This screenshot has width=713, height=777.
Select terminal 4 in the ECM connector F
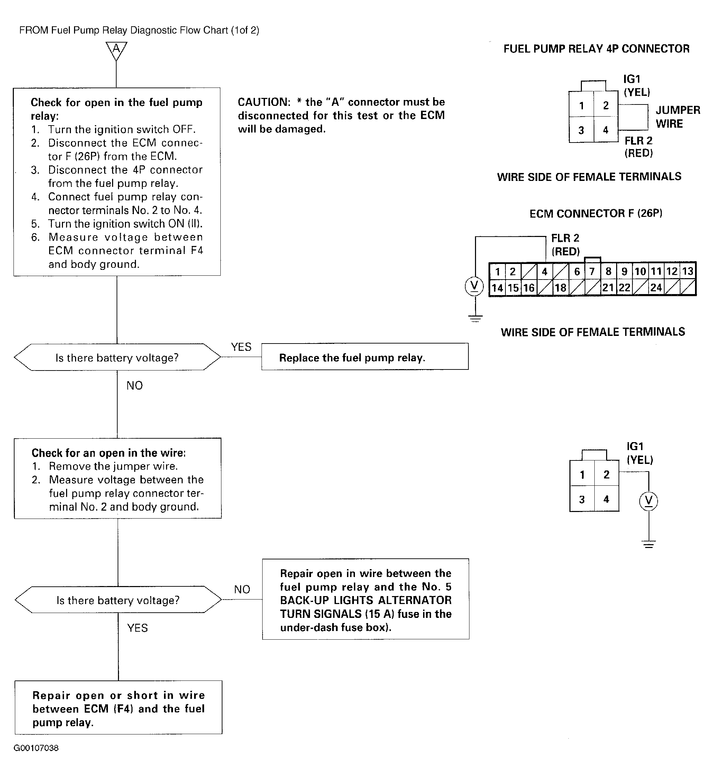[x=545, y=272]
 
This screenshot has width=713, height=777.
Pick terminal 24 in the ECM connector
[x=656, y=288]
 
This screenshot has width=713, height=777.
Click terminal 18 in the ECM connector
[x=560, y=288]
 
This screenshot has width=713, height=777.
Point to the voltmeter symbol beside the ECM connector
[x=474, y=286]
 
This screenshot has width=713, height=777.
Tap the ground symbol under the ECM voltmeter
[x=475, y=319]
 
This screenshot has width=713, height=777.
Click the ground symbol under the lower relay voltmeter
[x=649, y=545]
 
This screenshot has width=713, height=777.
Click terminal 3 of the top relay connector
[x=581, y=130]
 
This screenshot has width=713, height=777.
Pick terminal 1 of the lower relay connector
[x=582, y=475]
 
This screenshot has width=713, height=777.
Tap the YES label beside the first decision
[x=241, y=347]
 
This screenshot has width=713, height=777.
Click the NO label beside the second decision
[x=242, y=589]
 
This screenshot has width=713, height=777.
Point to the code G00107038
[x=36, y=748]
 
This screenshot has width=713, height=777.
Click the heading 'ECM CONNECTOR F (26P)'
[x=596, y=214]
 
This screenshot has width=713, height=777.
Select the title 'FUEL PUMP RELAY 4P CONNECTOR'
[x=596, y=49]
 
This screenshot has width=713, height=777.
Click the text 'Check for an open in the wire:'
[x=108, y=453]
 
